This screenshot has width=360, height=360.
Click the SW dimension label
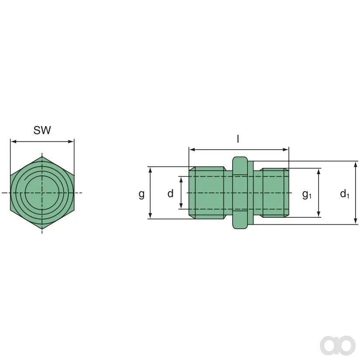[42, 130]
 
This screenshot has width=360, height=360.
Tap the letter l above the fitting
[238, 139]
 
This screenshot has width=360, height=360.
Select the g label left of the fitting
[142, 194]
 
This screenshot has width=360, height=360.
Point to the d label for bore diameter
[170, 193]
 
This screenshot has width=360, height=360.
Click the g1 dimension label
[307, 195]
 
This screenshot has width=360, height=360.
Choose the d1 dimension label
[345, 194]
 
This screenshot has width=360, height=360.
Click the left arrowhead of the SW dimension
[14, 141]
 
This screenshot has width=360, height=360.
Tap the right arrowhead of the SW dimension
[71, 141]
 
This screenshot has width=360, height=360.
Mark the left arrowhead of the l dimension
[192, 150]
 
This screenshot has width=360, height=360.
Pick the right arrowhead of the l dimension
[285, 150]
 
